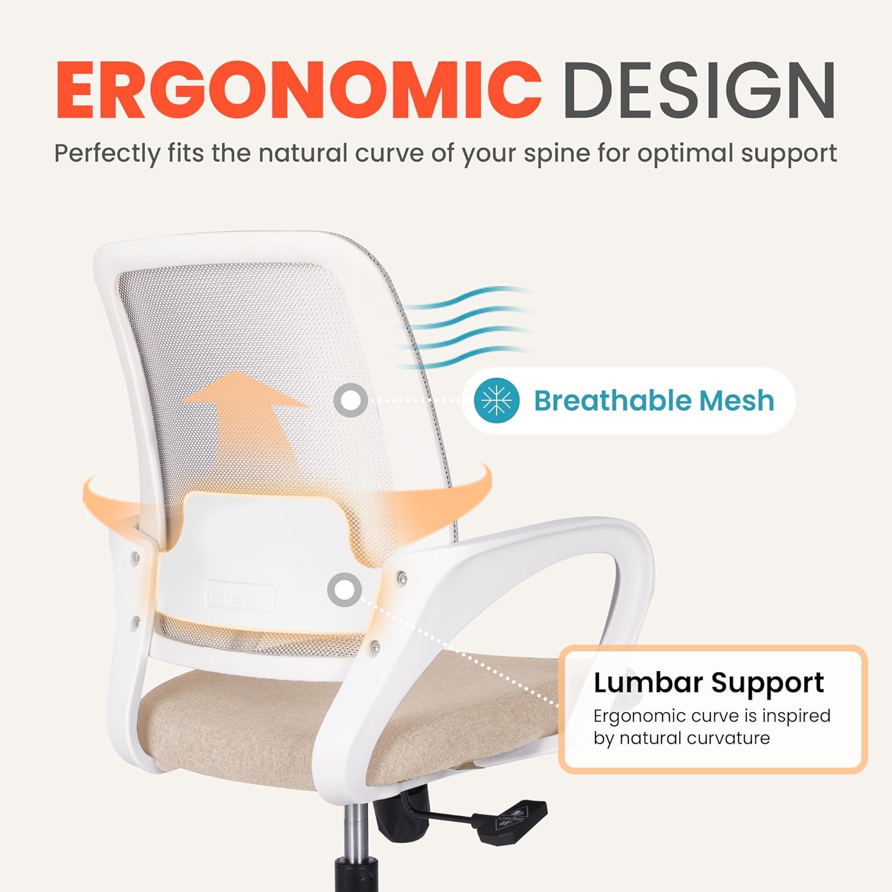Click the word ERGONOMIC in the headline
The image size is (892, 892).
299,90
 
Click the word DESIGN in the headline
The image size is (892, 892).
699,90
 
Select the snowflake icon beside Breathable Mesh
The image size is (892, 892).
497,400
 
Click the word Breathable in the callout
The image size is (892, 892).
613,400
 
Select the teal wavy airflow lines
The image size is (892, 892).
464,327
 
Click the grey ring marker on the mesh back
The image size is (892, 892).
350,400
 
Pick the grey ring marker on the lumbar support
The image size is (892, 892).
344,590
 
